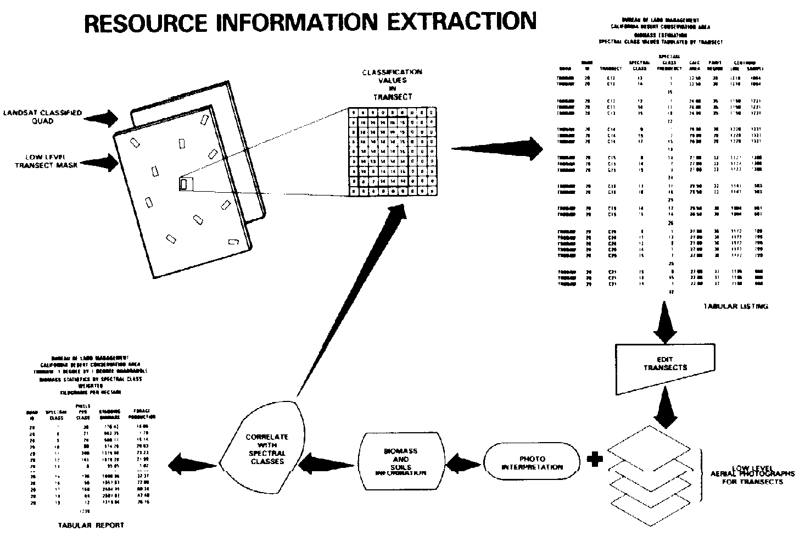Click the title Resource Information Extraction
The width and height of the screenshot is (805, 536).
[310, 22]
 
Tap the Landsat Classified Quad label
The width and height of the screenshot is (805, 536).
[42, 117]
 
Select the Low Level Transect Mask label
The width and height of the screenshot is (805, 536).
[47, 161]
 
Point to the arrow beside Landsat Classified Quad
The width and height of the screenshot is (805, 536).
[104, 118]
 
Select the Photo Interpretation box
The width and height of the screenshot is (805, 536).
[532, 463]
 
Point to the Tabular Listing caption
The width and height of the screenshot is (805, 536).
[735, 306]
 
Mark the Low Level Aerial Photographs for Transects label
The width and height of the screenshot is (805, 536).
[752, 477]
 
